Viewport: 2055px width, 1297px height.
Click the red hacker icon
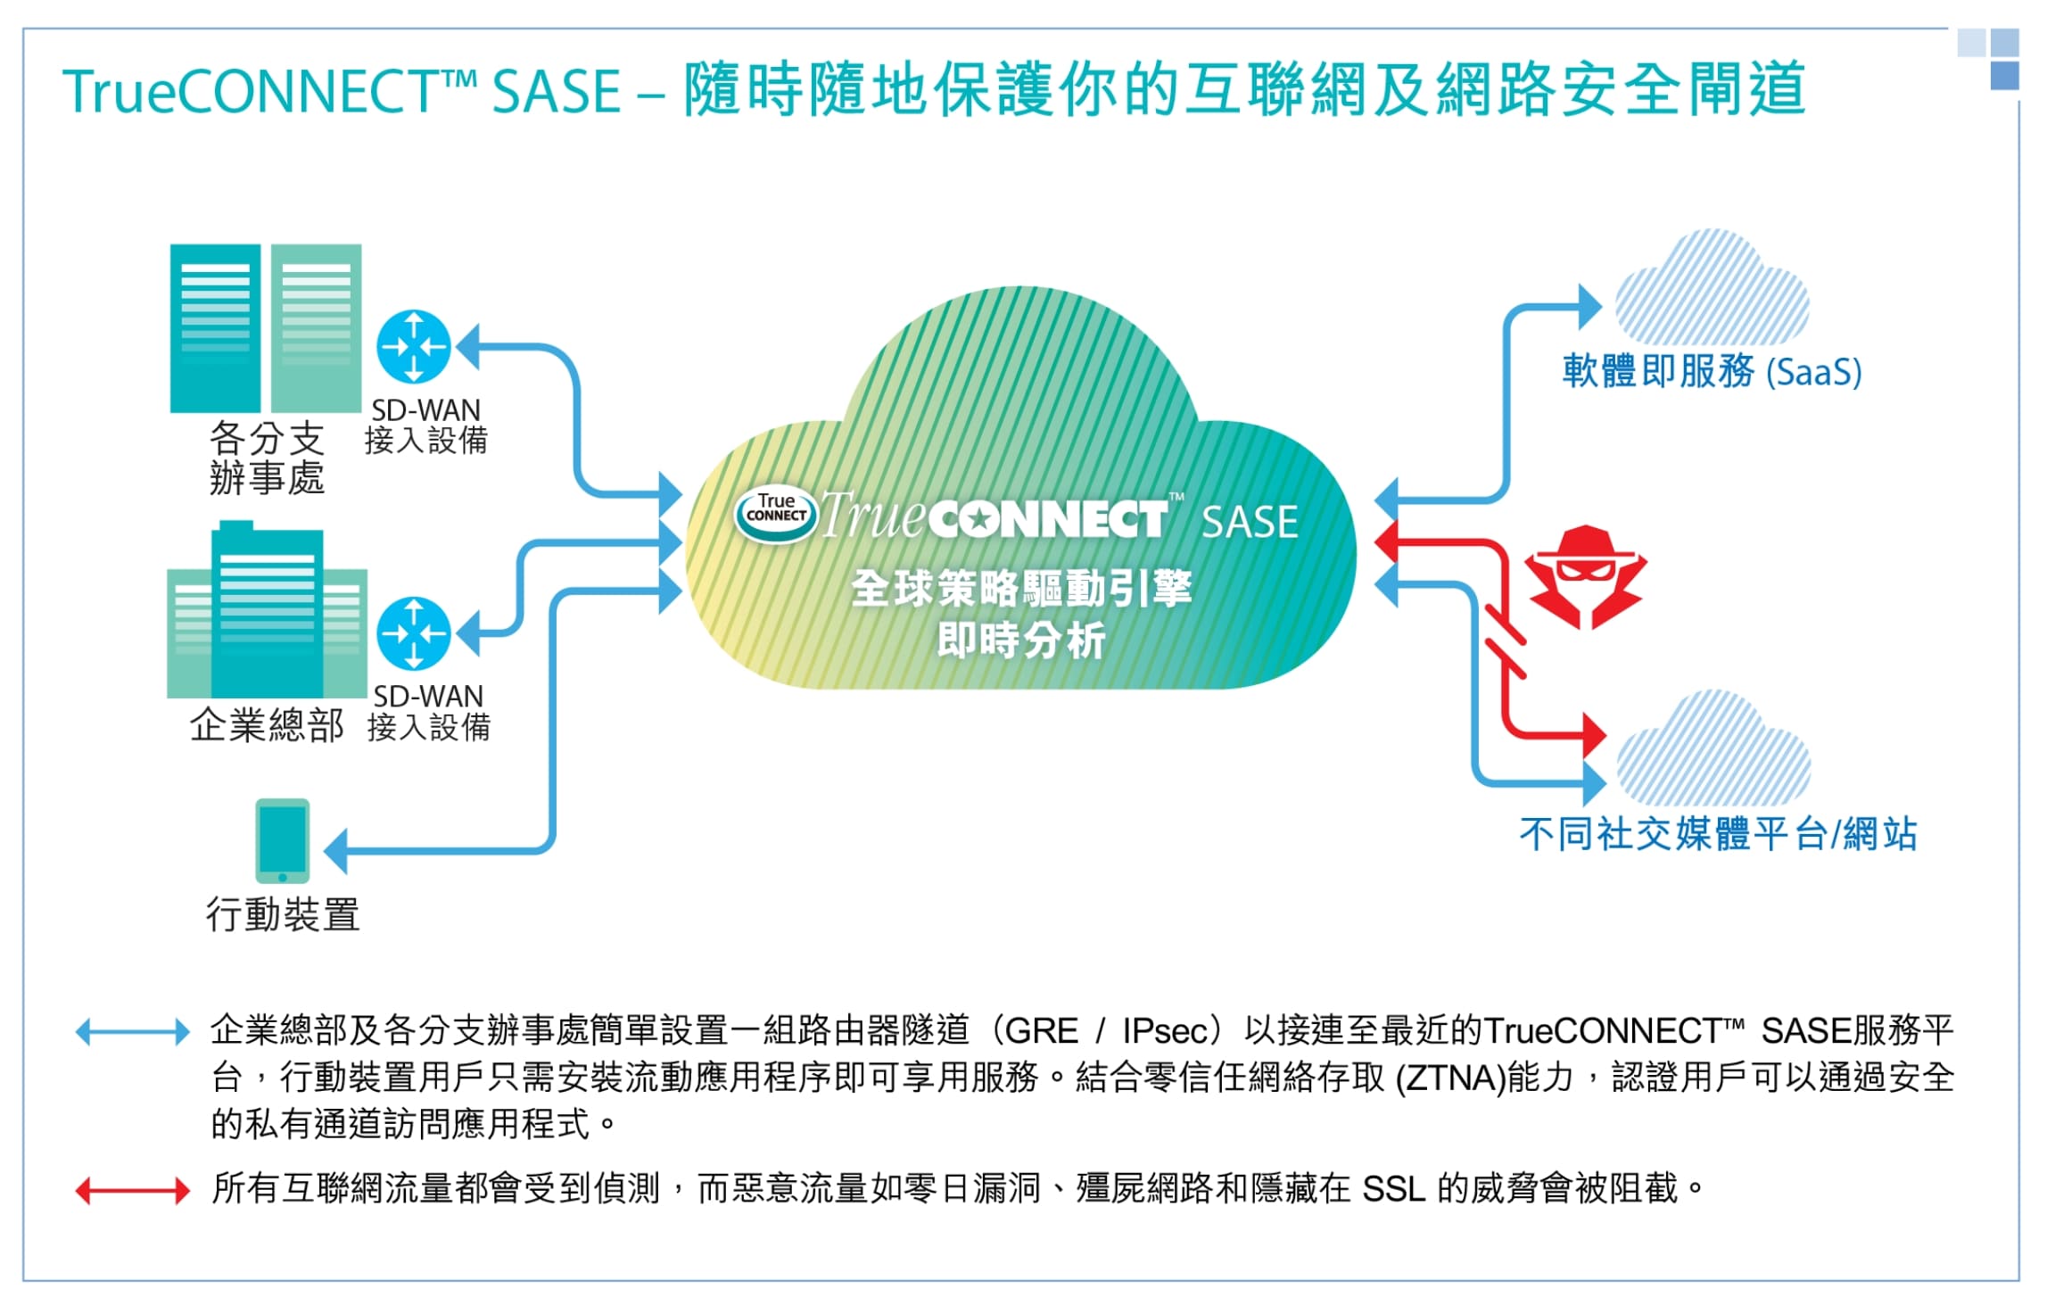(x=1585, y=576)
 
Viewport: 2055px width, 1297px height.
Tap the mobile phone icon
(x=283, y=841)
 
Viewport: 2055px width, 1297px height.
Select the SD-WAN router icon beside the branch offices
(x=414, y=347)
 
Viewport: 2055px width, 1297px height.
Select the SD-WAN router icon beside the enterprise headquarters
(x=414, y=633)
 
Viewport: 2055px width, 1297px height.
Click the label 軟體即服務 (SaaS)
(x=1712, y=371)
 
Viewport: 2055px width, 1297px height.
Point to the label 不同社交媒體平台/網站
(x=1718, y=835)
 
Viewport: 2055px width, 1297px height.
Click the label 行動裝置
(x=283, y=915)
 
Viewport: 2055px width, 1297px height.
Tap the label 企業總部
(x=267, y=726)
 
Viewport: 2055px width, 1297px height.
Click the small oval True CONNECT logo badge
(x=775, y=515)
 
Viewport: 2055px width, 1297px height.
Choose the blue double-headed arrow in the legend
(x=133, y=1032)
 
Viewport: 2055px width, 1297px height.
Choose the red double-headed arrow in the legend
(x=133, y=1191)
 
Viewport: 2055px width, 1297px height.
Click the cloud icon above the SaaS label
(x=1712, y=290)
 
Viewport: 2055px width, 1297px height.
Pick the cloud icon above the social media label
(x=1713, y=751)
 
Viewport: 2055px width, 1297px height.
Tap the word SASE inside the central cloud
(x=1250, y=523)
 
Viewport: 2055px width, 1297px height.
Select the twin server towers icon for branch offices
(x=266, y=328)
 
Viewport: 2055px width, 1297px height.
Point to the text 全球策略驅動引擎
(x=1021, y=589)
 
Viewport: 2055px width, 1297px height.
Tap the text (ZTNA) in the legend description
(x=1450, y=1078)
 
